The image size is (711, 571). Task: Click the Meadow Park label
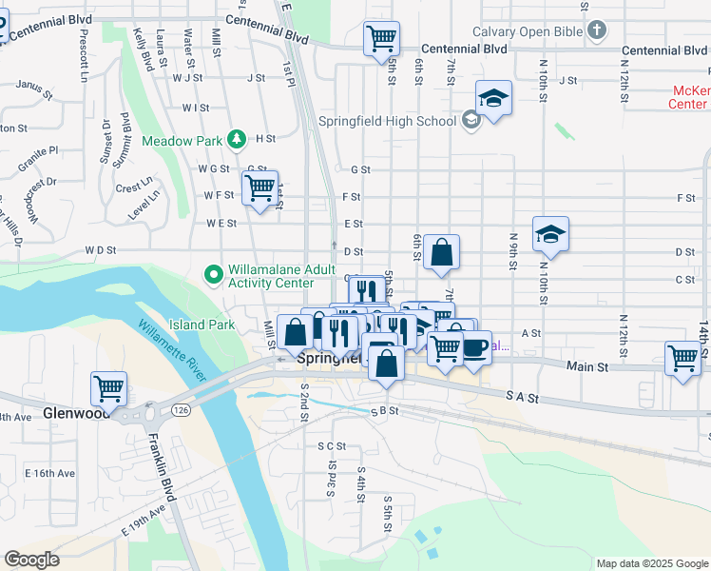(x=182, y=141)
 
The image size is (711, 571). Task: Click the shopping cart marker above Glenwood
(x=109, y=389)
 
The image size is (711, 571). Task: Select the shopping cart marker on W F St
(x=259, y=187)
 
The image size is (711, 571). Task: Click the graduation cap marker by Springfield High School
(x=494, y=98)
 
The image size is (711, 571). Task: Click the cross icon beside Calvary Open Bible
(x=596, y=31)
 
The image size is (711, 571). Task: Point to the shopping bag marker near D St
(x=442, y=252)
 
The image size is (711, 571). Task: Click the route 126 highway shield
(x=179, y=408)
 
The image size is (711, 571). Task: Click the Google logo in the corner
(x=31, y=560)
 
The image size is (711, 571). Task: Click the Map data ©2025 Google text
(x=651, y=563)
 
